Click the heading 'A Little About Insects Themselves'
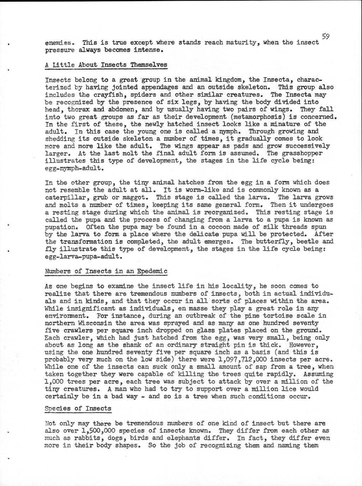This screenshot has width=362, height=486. tap(106, 65)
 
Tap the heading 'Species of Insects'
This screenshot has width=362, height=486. tap(78, 408)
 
